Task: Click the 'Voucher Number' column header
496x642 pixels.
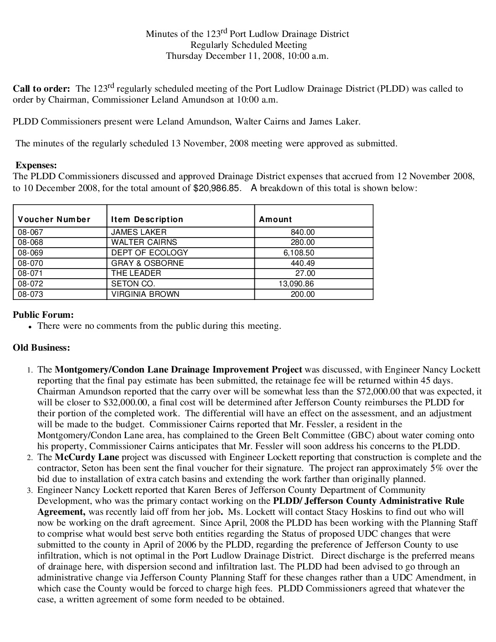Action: tap(54, 219)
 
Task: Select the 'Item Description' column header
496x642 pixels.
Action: tap(147, 219)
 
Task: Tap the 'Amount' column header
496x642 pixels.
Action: tap(275, 219)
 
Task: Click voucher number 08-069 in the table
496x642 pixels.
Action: tap(31, 253)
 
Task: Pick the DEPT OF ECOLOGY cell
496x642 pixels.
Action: tap(150, 253)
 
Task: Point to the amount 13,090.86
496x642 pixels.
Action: tap(296, 284)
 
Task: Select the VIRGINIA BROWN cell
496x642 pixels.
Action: tap(145, 294)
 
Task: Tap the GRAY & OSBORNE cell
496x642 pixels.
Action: tap(147, 263)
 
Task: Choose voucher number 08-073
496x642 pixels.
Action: tap(31, 294)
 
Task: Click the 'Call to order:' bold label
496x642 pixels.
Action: tap(41, 88)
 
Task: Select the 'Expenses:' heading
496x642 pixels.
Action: tap(36, 166)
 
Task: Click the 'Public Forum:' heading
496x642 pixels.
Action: tap(43, 315)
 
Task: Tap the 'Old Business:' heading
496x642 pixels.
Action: tap(41, 347)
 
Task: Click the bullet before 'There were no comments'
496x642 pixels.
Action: tap(30, 327)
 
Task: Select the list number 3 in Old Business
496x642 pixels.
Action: tap(29, 491)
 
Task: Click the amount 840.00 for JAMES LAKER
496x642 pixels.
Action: tap(303, 232)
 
